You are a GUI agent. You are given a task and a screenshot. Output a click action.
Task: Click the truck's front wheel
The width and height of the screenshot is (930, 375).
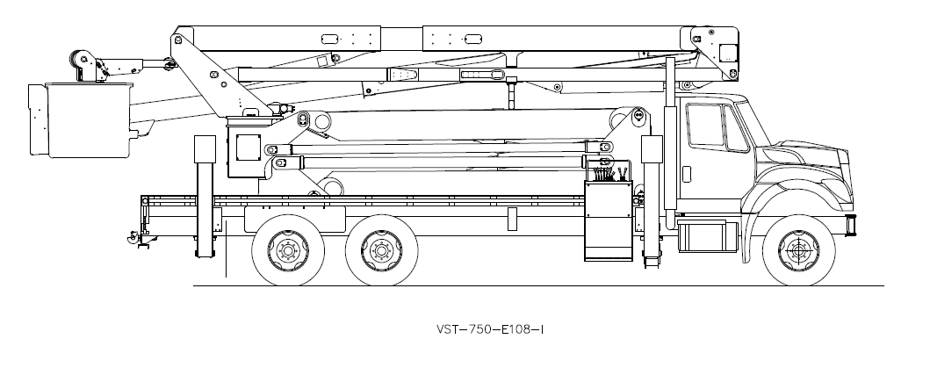(797, 250)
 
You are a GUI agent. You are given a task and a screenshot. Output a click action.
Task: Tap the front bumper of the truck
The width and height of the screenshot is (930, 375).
(849, 225)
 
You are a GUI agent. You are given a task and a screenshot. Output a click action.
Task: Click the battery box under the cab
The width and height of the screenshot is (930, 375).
(708, 236)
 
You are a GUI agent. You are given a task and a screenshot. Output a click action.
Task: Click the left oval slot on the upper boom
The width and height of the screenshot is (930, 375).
(331, 39)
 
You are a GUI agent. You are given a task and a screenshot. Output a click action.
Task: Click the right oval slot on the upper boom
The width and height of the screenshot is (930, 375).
(472, 39)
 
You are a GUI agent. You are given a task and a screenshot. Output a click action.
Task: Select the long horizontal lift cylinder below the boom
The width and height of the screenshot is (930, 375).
(439, 162)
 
